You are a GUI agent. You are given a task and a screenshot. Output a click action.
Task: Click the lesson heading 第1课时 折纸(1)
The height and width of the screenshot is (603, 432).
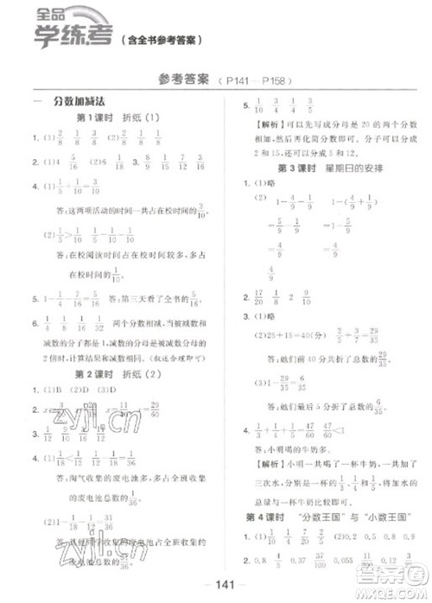click(120, 118)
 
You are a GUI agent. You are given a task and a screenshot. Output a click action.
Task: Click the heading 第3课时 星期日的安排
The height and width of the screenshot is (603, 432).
click(326, 167)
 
